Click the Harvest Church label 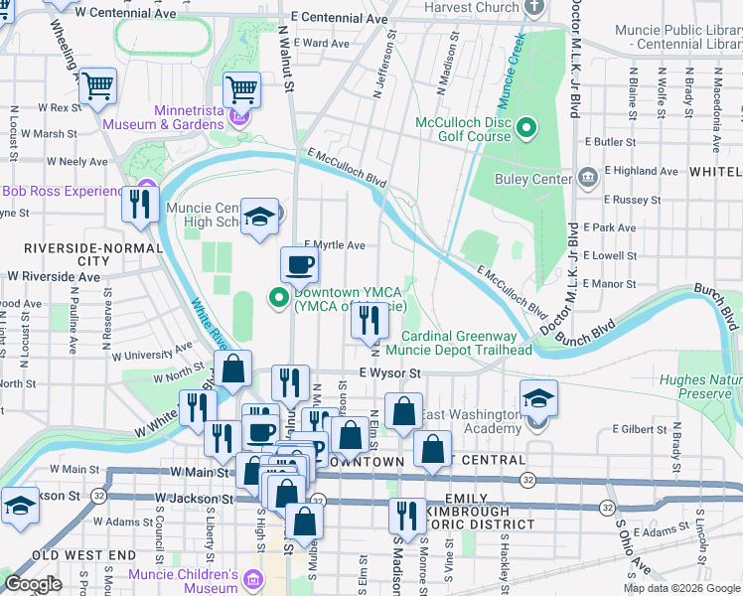point(471,7)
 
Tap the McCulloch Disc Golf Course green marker point(527,128)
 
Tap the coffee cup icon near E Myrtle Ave point(300,265)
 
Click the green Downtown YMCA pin point(280,295)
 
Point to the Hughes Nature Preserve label point(701,386)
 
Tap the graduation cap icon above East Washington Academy point(538,398)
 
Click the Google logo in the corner point(33,584)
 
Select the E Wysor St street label point(390,373)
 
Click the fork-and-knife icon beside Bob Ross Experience point(140,205)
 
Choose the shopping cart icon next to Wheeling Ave point(98,86)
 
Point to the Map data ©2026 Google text point(680,588)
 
